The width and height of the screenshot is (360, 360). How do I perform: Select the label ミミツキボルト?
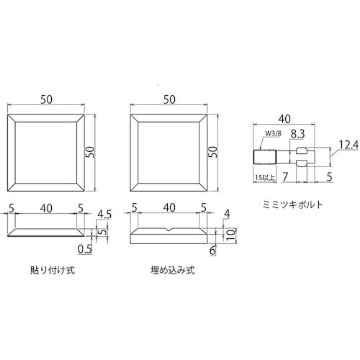[x=292, y=203]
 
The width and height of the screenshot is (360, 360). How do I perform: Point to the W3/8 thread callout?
[x=274, y=133]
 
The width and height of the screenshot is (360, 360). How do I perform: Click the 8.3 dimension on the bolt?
[x=298, y=134]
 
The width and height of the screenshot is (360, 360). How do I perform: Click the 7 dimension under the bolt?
[x=286, y=175]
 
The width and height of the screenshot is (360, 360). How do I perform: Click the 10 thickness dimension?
[x=230, y=235]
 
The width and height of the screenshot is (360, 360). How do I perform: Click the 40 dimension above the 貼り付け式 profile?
[x=46, y=207]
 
